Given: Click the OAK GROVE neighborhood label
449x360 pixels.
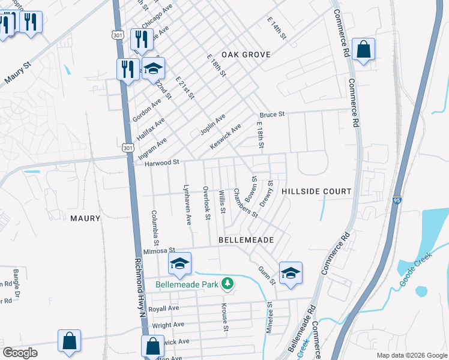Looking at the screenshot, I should click(246, 55).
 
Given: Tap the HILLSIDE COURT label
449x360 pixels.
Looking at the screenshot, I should click(316, 192).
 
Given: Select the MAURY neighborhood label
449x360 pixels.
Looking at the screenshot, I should click(85, 218).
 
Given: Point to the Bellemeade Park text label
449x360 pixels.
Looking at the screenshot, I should click(187, 284).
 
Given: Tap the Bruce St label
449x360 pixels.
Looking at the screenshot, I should click(271, 114).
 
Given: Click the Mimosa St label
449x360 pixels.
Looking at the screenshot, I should click(158, 250).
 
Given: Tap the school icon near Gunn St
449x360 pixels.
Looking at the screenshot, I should click(291, 272).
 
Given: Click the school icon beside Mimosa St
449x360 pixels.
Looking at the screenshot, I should click(179, 263).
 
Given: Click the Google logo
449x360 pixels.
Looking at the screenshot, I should click(20, 353).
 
